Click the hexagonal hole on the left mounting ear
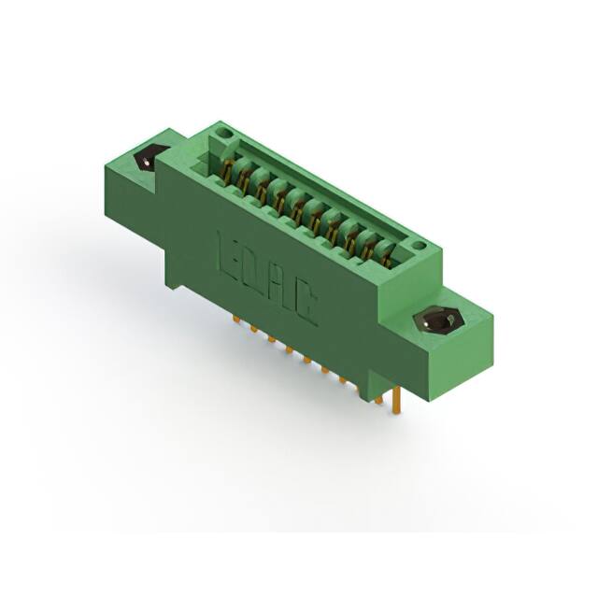pos(149,160)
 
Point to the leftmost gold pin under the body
pos(234,319)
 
